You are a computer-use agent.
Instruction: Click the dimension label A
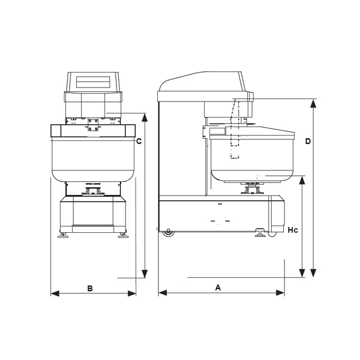coord(218,287)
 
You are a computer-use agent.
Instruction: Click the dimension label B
coord(90,288)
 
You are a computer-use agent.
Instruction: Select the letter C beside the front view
coord(139,141)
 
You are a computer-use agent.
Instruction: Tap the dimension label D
coord(308,141)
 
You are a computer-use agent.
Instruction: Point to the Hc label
coord(293,230)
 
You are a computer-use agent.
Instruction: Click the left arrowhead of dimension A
coord(163,293)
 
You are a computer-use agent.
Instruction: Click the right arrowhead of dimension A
coord(280,293)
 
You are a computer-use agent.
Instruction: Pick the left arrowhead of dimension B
coord(55,293)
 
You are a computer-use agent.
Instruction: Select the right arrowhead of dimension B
coord(132,293)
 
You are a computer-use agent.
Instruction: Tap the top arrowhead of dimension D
coord(313,104)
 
